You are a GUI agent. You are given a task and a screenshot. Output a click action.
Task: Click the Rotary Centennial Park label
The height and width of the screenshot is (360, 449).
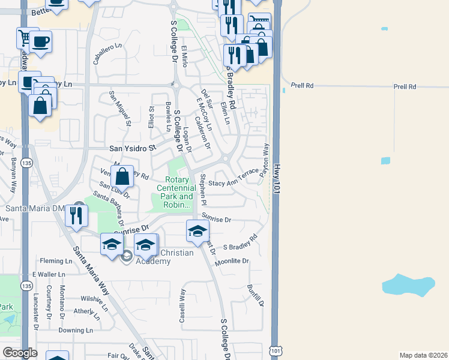(x=178, y=188)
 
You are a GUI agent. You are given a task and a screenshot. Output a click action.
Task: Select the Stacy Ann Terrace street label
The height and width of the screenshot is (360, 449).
(x=234, y=181)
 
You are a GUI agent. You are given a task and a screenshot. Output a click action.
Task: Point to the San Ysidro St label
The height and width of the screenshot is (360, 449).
(x=131, y=147)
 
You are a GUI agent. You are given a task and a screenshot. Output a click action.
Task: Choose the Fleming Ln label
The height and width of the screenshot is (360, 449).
(x=56, y=261)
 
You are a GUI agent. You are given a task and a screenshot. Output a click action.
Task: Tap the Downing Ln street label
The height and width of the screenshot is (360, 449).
(x=76, y=330)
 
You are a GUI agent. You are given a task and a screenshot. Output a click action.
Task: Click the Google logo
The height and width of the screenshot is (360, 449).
(x=20, y=352)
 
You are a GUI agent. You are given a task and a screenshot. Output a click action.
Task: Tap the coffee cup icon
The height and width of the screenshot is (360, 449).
(x=41, y=42)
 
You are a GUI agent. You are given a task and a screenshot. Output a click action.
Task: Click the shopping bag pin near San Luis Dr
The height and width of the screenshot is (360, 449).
(x=122, y=176)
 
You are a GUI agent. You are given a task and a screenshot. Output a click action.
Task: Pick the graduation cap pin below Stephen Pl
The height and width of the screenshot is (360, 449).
(x=197, y=231)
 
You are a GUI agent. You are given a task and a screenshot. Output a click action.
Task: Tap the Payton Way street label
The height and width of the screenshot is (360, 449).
(x=265, y=159)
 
